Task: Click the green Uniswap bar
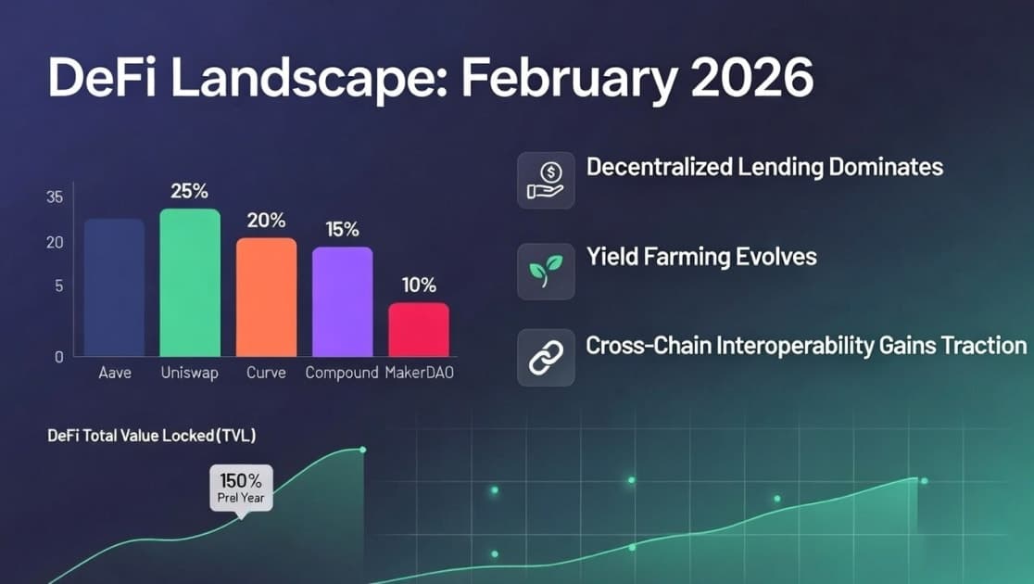(190, 283)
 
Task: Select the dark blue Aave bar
(114, 287)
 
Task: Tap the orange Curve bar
(266, 297)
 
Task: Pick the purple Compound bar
(342, 301)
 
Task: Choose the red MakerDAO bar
(418, 329)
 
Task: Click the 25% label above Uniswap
(190, 192)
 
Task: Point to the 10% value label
(418, 286)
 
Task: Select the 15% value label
(342, 230)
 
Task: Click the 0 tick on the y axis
(57, 356)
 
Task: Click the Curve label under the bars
(266, 374)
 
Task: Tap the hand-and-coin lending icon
(546, 181)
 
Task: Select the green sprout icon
(546, 271)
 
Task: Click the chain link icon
(546, 358)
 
